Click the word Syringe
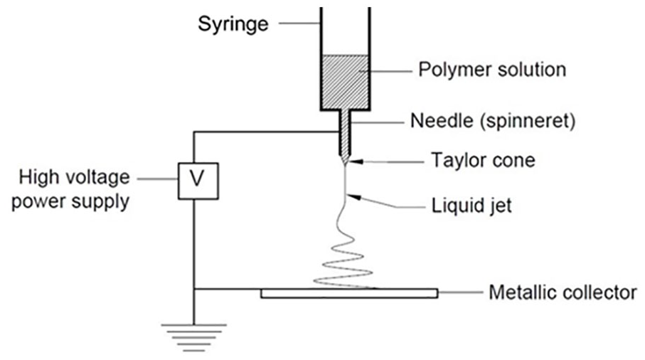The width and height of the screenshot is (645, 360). pyautogui.click(x=233, y=25)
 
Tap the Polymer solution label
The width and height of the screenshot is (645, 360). pyautogui.click(x=492, y=70)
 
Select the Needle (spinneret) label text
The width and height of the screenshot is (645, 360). pyautogui.click(x=493, y=121)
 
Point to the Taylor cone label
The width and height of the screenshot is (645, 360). pyautogui.click(x=484, y=160)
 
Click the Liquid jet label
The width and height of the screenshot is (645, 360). pyautogui.click(x=471, y=206)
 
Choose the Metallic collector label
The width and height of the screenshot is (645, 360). pyautogui.click(x=563, y=292)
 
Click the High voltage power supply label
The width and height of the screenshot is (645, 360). pyautogui.click(x=70, y=189)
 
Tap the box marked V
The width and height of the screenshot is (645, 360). pyautogui.click(x=198, y=181)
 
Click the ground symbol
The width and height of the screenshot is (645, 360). pyautogui.click(x=193, y=338)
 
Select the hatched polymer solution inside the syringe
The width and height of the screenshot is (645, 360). pyautogui.click(x=346, y=82)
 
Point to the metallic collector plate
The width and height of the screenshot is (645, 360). pyautogui.click(x=349, y=293)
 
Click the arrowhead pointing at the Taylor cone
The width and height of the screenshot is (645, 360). pyautogui.click(x=356, y=162)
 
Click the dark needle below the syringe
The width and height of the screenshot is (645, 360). pyautogui.click(x=345, y=136)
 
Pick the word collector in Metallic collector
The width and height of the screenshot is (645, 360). pyautogui.click(x=599, y=292)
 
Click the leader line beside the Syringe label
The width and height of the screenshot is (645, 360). pyautogui.click(x=299, y=23)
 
